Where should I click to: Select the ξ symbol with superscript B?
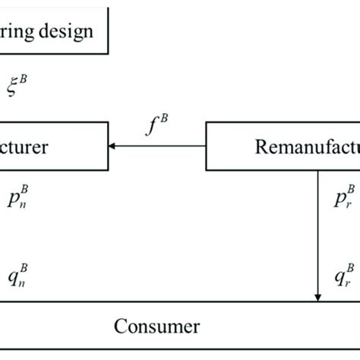(x=17, y=86)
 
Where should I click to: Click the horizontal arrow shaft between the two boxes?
(x=159, y=146)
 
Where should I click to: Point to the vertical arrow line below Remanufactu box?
(x=317, y=228)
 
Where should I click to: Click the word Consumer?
(x=156, y=327)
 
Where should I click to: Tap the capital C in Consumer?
(x=120, y=327)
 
